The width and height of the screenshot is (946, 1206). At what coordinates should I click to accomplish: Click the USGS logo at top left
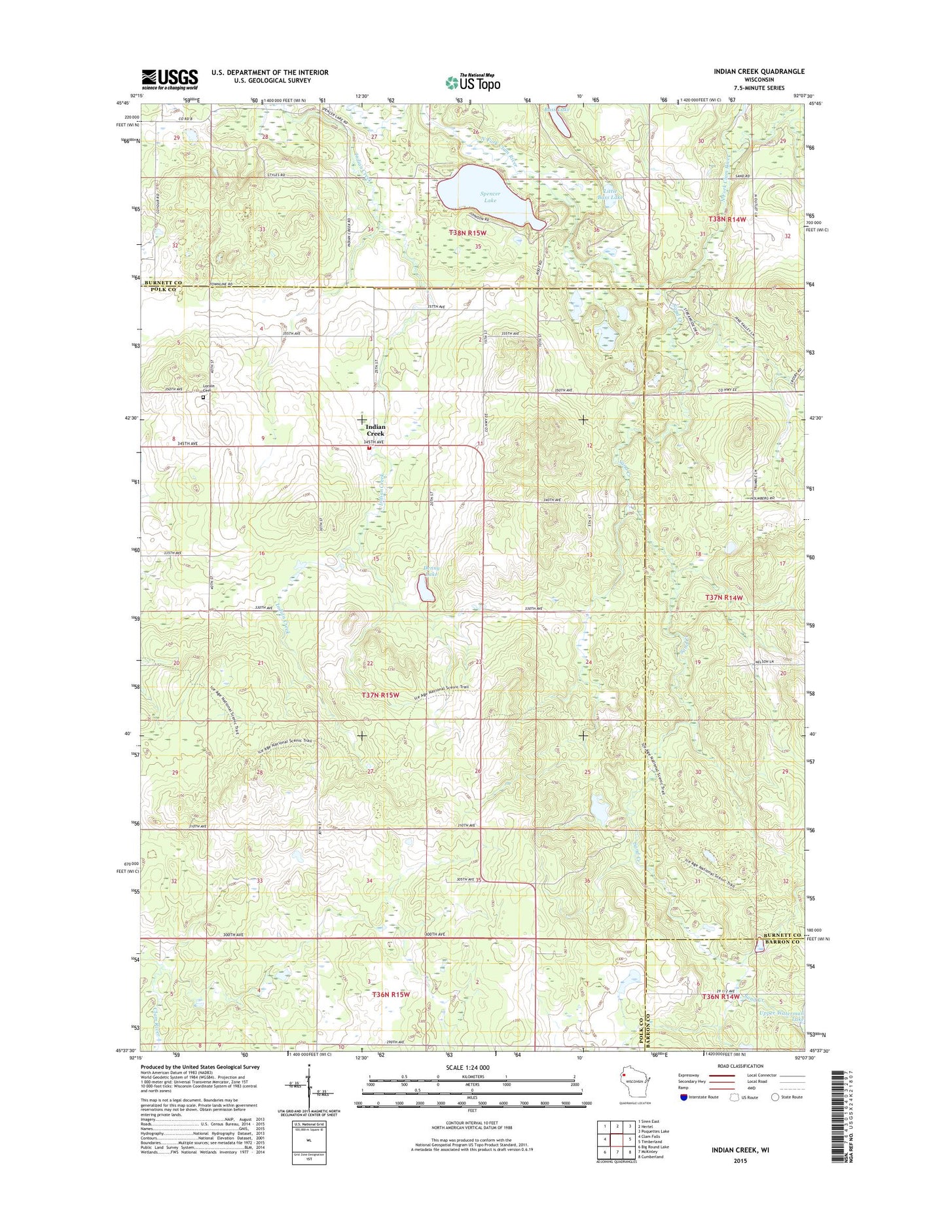coord(170,80)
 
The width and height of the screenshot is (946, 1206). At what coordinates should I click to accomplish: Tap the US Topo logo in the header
coord(473,82)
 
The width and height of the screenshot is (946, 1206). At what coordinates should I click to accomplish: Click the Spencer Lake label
coord(490,196)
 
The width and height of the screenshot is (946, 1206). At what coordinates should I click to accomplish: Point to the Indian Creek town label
coord(375,430)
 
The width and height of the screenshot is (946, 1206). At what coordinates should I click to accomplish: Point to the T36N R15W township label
coord(391,995)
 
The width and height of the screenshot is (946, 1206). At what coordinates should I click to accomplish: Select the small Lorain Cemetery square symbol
coord(203,397)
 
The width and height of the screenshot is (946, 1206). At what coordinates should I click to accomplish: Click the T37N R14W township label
coord(724,597)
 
